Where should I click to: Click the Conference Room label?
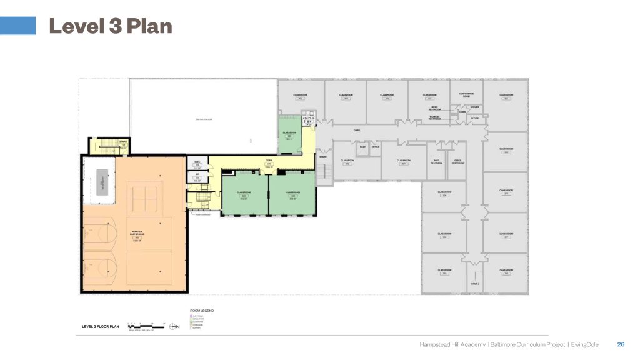pyautogui.click(x=467, y=95)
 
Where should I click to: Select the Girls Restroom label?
pyautogui.click(x=457, y=162)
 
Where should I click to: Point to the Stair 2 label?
pyautogui.click(x=475, y=284)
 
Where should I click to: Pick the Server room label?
pyautogui.click(x=475, y=107)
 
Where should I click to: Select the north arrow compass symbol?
pyautogui.click(x=175, y=326)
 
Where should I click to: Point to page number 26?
pyautogui.click(x=621, y=344)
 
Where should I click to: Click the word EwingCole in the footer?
pyautogui.click(x=591, y=344)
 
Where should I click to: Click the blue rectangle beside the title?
pyautogui.click(x=17, y=25)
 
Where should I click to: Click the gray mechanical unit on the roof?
pyautogui.click(x=99, y=182)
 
